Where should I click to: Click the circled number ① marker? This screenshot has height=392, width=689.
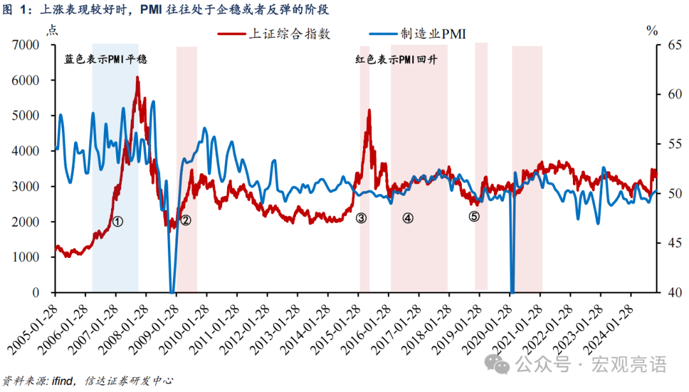(x=117, y=221)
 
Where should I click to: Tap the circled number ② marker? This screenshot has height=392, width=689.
(x=186, y=221)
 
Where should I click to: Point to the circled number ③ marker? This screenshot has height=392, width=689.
(x=361, y=218)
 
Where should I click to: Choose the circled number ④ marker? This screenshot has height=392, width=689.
(x=408, y=218)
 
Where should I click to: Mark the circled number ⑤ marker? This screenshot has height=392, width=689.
(x=474, y=216)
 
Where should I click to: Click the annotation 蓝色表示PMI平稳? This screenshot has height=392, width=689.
(x=106, y=59)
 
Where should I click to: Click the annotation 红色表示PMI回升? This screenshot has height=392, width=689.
(x=399, y=59)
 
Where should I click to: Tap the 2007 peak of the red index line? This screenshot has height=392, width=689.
(x=137, y=78)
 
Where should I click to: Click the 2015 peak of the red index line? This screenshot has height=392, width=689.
(x=369, y=110)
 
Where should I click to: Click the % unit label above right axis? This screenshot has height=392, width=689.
(x=651, y=30)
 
